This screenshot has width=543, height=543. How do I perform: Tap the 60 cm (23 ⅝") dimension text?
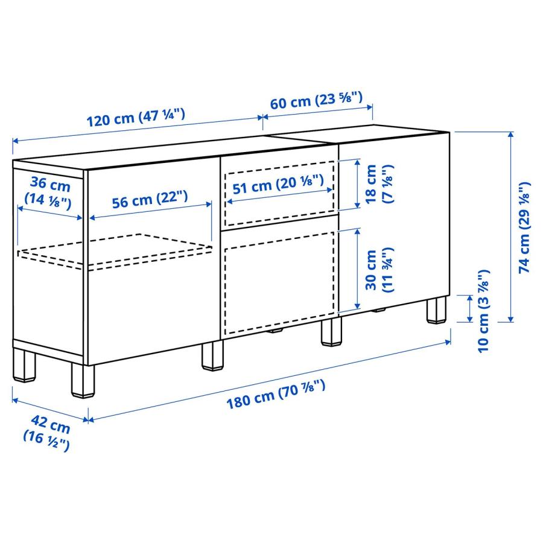(x=316, y=100)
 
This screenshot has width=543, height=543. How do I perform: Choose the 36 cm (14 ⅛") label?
(x=46, y=190)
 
